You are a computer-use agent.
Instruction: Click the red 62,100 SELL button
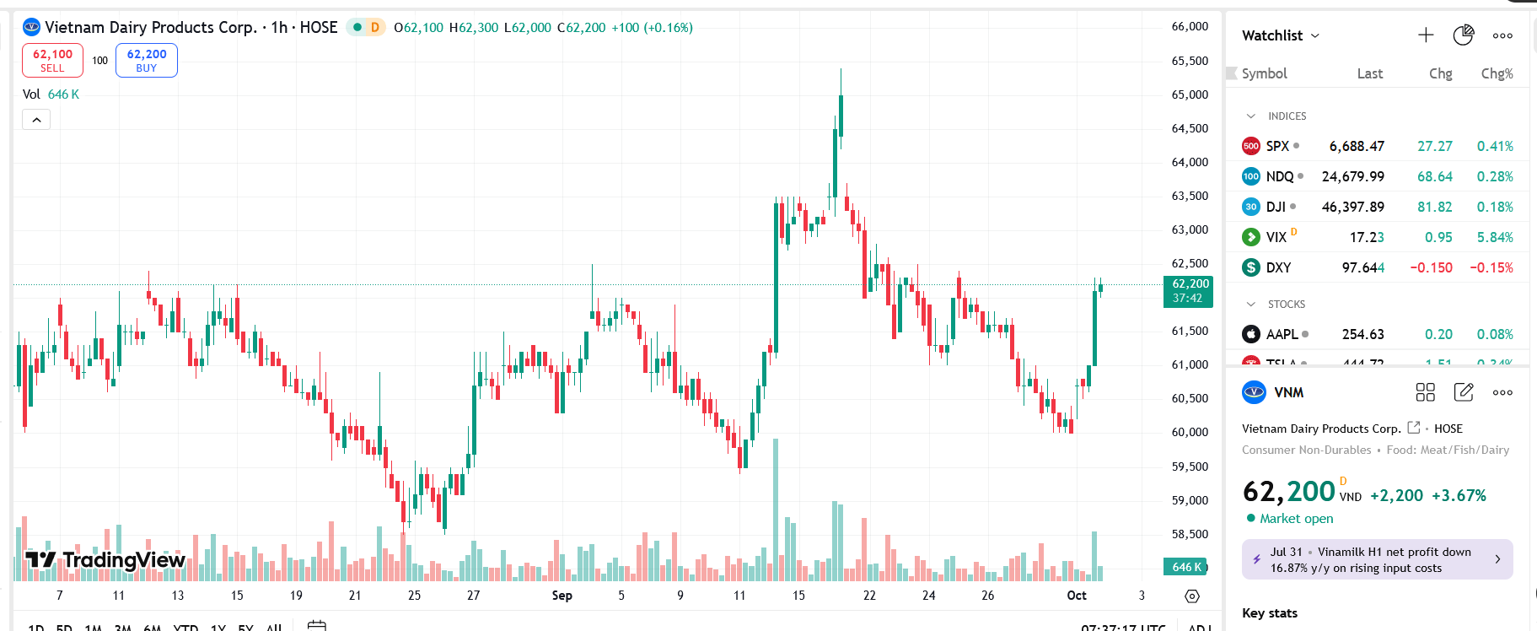click(52, 60)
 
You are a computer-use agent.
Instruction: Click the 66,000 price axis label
click(1190, 27)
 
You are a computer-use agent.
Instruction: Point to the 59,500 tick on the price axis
click(1190, 467)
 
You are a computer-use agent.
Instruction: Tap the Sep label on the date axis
click(562, 596)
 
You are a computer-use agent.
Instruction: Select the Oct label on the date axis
click(1077, 596)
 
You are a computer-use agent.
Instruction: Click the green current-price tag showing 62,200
click(1188, 291)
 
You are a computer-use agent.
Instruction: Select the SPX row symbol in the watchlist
click(1277, 146)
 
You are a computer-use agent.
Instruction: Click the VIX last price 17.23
click(1366, 238)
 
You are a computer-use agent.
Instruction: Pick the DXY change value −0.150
click(1431, 268)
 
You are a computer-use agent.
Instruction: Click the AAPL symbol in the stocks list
click(1282, 335)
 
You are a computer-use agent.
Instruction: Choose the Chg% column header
click(1497, 73)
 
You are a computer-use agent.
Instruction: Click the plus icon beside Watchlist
click(1426, 35)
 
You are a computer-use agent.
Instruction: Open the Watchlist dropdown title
click(1280, 35)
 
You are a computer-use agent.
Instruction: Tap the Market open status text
click(1296, 519)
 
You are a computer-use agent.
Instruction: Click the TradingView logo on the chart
click(105, 560)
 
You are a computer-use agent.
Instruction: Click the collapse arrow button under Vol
click(36, 121)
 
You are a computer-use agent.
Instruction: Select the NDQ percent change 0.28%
click(1494, 177)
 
